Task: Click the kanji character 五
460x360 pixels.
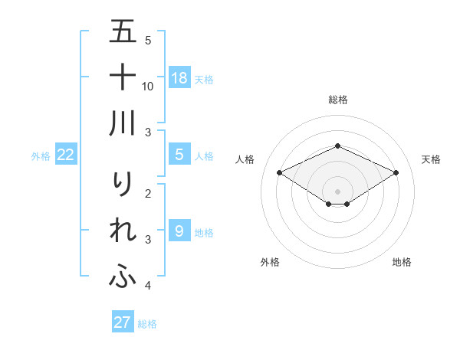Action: point(123,32)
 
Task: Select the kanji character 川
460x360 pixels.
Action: point(123,123)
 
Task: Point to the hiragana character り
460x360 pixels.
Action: point(123,185)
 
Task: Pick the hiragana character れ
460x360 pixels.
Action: point(123,231)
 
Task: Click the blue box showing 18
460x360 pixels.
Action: point(179,78)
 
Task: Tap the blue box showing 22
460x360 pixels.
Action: point(66,155)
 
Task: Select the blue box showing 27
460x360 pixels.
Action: point(123,322)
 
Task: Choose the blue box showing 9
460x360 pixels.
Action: point(179,231)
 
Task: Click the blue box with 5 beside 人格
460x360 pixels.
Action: point(179,155)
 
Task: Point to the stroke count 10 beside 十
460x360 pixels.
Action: point(148,86)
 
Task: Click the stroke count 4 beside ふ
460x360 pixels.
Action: point(147,286)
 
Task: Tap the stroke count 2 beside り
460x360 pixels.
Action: point(147,194)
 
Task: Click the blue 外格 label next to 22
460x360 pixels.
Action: point(41,156)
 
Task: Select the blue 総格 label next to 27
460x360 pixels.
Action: point(147,324)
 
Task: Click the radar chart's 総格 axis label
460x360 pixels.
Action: point(337,100)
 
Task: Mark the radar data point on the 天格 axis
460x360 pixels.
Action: point(396,172)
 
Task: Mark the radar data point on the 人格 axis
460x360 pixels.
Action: point(279,172)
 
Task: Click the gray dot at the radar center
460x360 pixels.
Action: point(337,191)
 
